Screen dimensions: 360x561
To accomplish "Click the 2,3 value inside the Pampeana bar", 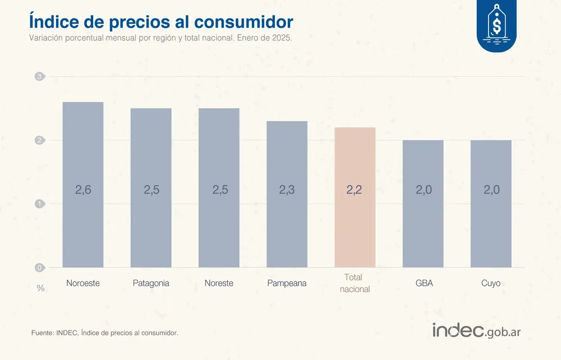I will (287, 190).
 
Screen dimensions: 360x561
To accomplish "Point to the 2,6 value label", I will (83, 190).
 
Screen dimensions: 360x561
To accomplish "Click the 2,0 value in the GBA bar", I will (424, 190).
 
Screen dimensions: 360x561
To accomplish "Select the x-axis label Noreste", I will (219, 283).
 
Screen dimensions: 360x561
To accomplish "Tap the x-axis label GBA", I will (424, 283).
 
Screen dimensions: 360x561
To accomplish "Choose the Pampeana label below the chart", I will (287, 283).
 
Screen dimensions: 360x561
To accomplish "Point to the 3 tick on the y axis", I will (40, 77).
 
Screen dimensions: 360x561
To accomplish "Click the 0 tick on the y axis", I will (40, 267).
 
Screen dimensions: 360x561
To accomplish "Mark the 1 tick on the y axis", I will (40, 204).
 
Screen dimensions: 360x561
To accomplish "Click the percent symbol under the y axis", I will (40, 288).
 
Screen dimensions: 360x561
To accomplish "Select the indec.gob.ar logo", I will (476, 331).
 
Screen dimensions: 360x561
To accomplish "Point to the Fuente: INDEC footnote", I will (105, 333).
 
